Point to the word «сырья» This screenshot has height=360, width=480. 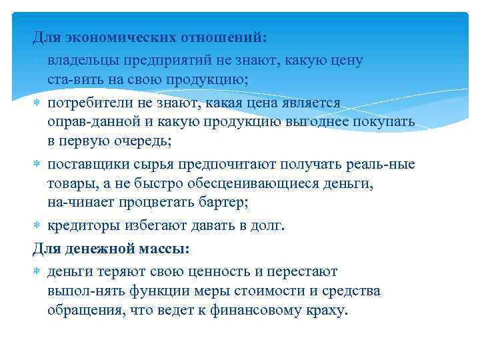tap(150, 165)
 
